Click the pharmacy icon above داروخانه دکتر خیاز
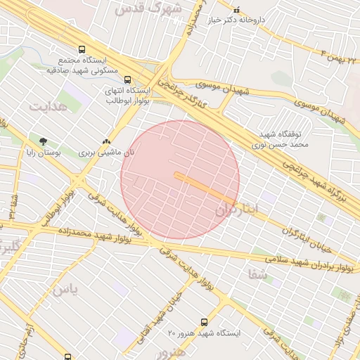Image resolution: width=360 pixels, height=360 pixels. pos(236,11)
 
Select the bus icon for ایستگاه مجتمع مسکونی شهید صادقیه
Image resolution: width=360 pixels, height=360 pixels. pos(82,50)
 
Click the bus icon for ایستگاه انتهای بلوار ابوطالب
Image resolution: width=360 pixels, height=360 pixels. pos(127,80)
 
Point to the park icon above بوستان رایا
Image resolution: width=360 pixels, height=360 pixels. pos(44,141)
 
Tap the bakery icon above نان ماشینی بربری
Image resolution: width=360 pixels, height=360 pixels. pos(106,141)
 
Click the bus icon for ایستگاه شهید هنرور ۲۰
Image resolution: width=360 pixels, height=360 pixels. pos(204,321)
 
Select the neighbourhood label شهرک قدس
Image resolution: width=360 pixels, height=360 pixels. pos(152,9)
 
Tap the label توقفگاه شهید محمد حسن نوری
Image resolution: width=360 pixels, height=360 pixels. pos(281,139)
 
